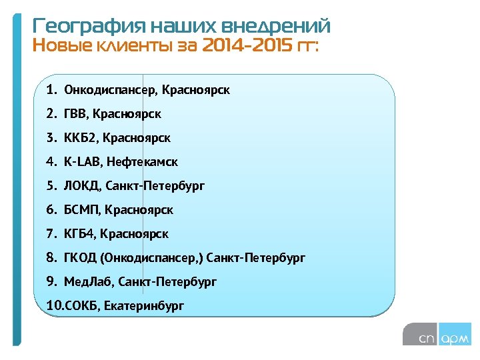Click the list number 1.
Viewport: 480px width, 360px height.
(x=51, y=89)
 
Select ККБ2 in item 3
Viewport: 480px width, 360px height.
(x=81, y=138)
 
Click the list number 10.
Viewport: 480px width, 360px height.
(x=54, y=306)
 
